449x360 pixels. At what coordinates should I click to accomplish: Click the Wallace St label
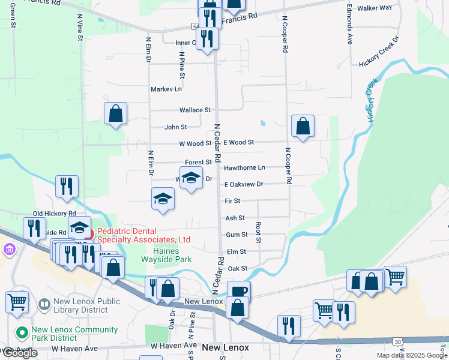(x=195, y=110)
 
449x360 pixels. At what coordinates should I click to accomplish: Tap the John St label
(x=176, y=127)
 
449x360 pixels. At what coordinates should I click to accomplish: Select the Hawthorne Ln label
(x=244, y=168)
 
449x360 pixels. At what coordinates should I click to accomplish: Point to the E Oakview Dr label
(x=244, y=184)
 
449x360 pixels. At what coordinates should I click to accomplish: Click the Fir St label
(x=232, y=201)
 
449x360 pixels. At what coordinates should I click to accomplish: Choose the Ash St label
(x=235, y=218)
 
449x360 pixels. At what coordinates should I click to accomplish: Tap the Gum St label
(x=237, y=235)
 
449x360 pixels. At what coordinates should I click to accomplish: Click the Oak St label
(x=238, y=268)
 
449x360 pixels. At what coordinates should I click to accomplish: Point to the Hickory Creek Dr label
(x=379, y=52)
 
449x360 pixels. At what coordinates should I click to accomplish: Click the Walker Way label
(x=374, y=8)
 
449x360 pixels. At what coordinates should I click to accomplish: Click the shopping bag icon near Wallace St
(x=115, y=113)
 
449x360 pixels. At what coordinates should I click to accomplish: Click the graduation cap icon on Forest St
(x=191, y=179)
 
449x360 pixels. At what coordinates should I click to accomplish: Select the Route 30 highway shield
(x=398, y=341)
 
